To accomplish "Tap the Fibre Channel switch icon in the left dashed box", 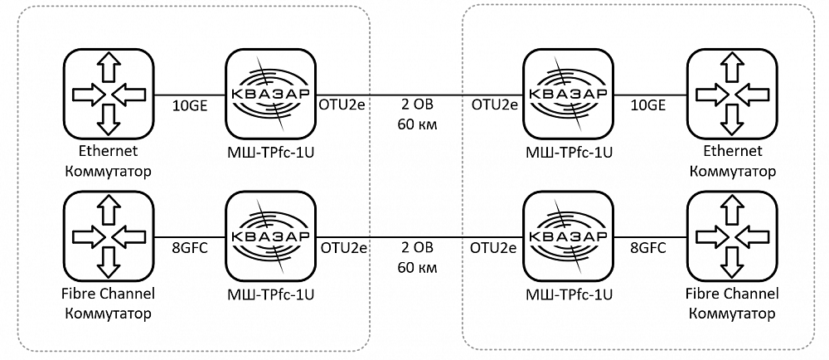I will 106,236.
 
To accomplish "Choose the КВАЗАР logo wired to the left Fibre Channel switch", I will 270,236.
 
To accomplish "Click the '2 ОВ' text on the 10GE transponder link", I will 417,106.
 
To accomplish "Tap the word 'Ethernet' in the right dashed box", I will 732,152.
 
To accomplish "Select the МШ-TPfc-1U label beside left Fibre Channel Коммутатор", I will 270,294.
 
